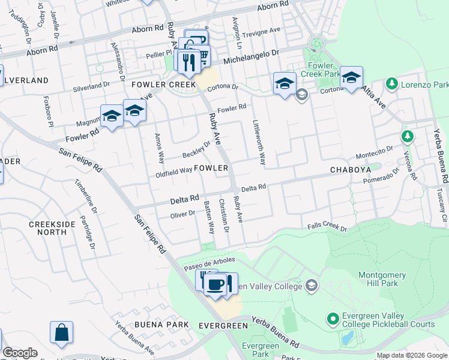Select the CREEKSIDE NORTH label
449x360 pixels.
pos(53,228)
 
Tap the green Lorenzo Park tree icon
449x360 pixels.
pos(393,82)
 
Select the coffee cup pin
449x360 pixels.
pos(215,284)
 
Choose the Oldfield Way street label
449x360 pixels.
pos(174,170)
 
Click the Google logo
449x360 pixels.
pos(20,353)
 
